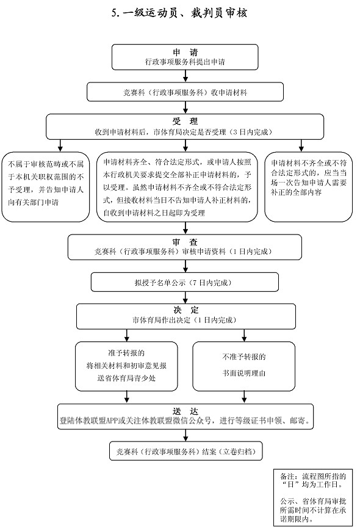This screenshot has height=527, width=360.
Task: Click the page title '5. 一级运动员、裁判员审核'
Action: pyautogui.click(x=179, y=13)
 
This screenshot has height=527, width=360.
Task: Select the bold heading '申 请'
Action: pyautogui.click(x=185, y=52)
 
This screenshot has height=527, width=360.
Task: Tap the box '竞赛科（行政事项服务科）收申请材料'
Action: pyautogui.click(x=185, y=92)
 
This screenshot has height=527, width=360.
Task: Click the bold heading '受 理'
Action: pyautogui.click(x=185, y=121)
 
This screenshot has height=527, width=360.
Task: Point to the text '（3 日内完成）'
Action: pyautogui.click(x=251, y=132)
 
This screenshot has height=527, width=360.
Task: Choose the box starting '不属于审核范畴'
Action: pyautogui.click(x=46, y=186)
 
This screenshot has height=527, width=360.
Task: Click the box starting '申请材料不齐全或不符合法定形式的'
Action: pyautogui.click(x=308, y=186)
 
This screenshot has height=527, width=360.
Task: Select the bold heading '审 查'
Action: pyautogui.click(x=185, y=242)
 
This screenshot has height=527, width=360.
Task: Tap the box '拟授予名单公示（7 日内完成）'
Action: pyautogui.click(x=185, y=282)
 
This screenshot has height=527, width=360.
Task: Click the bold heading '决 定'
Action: pyautogui.click(x=185, y=310)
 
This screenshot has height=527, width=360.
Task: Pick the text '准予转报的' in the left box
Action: pyautogui.click(x=126, y=353)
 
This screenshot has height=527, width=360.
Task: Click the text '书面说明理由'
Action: pyautogui.click(x=244, y=373)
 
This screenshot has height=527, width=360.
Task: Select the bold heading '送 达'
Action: pyautogui.click(x=185, y=412)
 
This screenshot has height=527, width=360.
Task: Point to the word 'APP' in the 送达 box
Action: pyautogui.click(x=112, y=421)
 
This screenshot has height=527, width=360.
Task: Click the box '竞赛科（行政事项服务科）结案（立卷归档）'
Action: pyautogui.click(x=185, y=451)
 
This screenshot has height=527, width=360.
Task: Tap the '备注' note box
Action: pyautogui.click(x=313, y=498)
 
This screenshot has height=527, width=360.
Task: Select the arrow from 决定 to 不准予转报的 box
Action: pyautogui.click(x=244, y=335)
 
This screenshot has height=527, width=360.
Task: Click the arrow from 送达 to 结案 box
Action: pyautogui.click(x=185, y=435)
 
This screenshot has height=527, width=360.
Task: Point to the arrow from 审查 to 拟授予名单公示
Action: pyautogui.click(x=185, y=266)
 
